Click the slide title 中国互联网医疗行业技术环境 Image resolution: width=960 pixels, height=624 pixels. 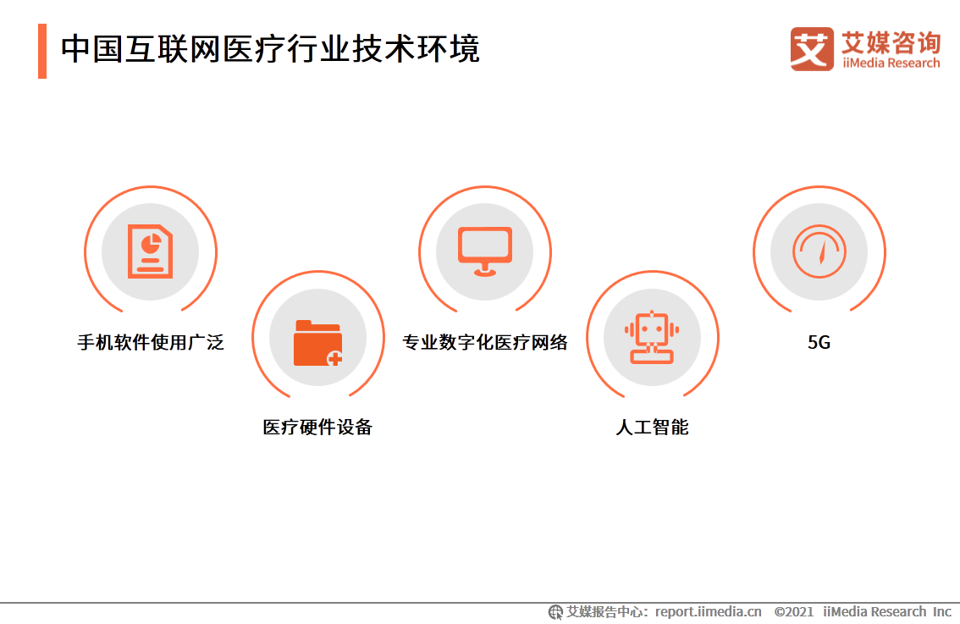[x=270, y=50]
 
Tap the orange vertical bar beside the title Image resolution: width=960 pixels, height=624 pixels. [x=42, y=51]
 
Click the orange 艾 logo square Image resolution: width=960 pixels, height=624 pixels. [x=812, y=49]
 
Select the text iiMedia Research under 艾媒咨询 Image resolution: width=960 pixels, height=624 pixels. [x=891, y=64]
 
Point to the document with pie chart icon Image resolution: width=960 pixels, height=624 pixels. [x=150, y=251]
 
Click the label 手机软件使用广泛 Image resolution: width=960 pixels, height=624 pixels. [x=151, y=343]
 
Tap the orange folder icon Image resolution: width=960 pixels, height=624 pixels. [x=317, y=343]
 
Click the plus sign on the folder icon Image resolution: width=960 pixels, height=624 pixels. [x=335, y=358]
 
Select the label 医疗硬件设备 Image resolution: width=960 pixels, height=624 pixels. [x=317, y=427]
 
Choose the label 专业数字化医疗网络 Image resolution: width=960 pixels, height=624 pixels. [x=484, y=343]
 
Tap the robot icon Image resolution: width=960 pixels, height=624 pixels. [x=652, y=337]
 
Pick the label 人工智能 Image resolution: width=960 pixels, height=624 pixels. [x=652, y=427]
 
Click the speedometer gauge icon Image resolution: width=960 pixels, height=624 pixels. [x=819, y=251]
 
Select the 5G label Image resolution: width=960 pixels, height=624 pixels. [x=819, y=343]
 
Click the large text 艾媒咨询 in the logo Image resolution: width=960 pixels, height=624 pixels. [x=891, y=42]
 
